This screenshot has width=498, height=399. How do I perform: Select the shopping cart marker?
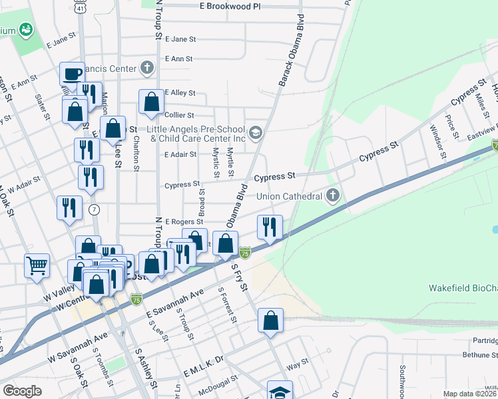click(37, 265)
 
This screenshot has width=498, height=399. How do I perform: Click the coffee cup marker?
click(72, 74)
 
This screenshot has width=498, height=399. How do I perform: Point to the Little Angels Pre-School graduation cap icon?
click(255, 133)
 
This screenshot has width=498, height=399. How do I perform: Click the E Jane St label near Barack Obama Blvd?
click(178, 40)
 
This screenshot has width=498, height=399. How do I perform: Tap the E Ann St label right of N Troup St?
click(178, 59)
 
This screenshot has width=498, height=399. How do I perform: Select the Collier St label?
click(178, 115)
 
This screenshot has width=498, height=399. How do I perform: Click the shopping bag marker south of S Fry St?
click(270, 321)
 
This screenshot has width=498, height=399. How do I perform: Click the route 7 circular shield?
click(94, 210)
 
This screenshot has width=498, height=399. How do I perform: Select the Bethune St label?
click(479, 355)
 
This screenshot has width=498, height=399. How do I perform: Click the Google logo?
click(22, 391)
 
